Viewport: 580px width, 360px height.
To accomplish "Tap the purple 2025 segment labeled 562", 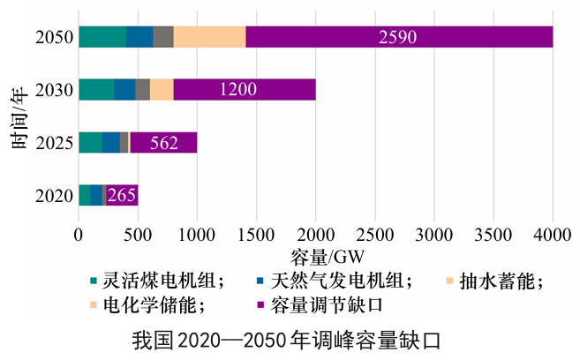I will [x=163, y=143].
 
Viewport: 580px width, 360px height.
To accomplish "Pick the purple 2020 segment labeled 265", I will [x=122, y=195].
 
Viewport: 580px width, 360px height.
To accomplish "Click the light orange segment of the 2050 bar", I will [x=209, y=37].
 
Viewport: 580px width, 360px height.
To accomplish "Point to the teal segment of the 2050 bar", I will [x=102, y=37].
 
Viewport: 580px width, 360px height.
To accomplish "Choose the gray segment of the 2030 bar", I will [x=142, y=90].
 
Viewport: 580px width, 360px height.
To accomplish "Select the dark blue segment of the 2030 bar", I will [x=124, y=90].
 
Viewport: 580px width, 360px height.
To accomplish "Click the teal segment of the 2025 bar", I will [x=90, y=143].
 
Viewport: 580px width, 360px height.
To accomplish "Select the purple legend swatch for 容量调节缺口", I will [x=260, y=305].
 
